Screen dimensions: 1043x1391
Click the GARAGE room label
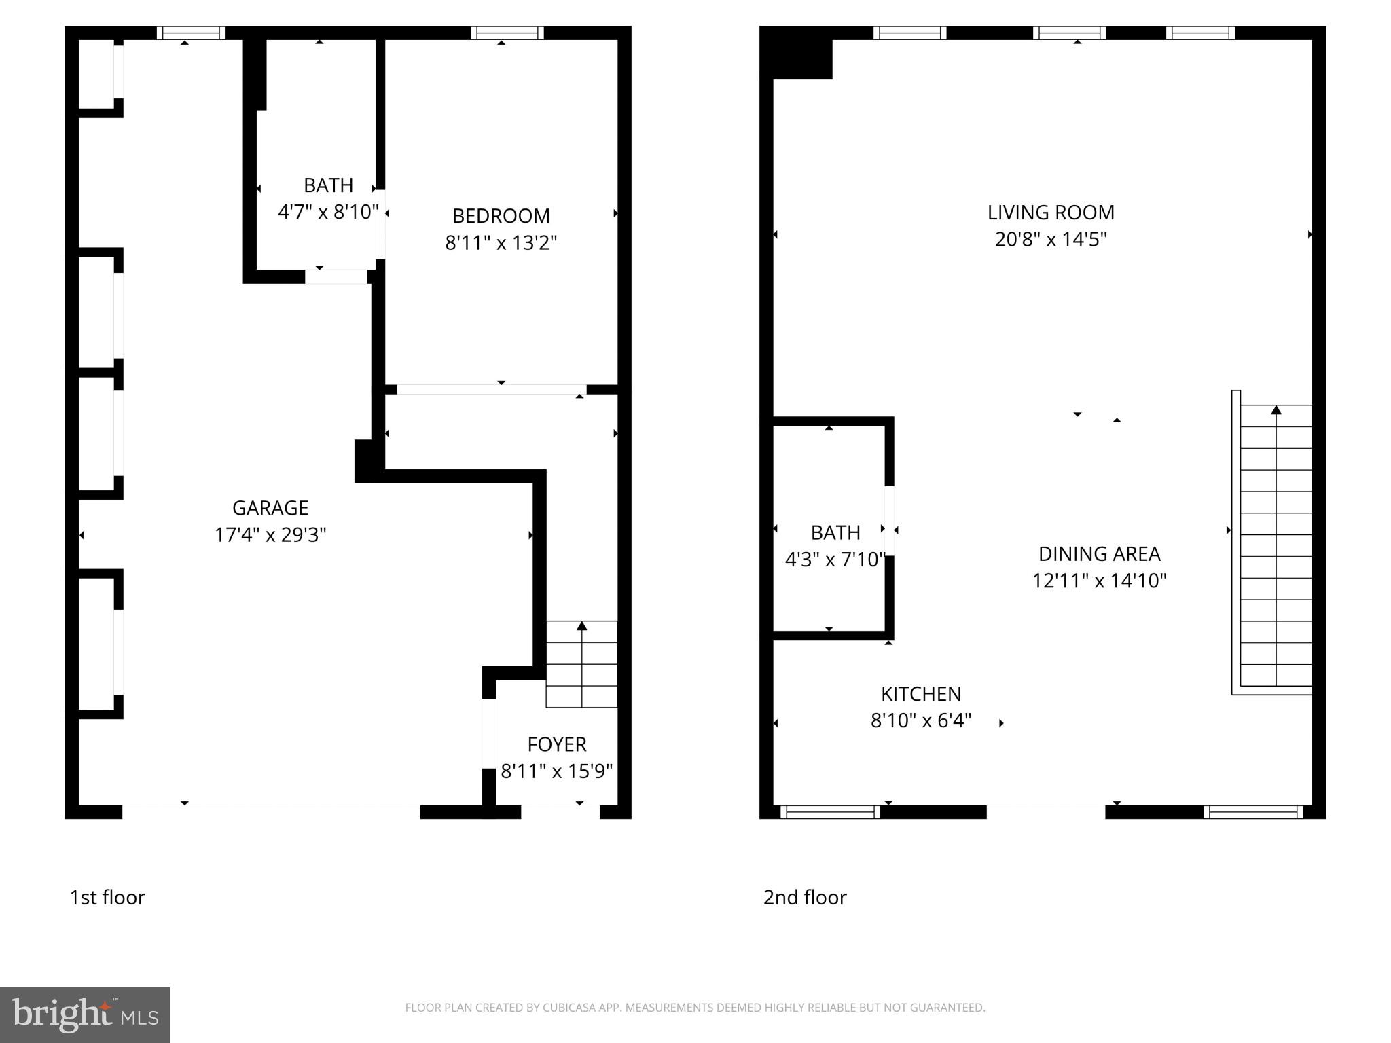pyautogui.click(x=270, y=508)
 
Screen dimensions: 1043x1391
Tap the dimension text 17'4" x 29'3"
pyautogui.click(x=270, y=535)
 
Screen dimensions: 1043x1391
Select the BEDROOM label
pyautogui.click(x=501, y=216)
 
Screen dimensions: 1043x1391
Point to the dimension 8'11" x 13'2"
pyautogui.click(x=501, y=242)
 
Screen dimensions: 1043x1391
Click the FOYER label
pyautogui.click(x=557, y=744)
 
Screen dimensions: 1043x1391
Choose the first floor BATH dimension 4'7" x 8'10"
pyautogui.click(x=328, y=212)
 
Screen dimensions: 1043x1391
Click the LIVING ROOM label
pyautogui.click(x=1051, y=213)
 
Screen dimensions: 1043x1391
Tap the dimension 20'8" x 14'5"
pyautogui.click(x=1051, y=240)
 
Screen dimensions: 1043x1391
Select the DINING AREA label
pyautogui.click(x=1099, y=554)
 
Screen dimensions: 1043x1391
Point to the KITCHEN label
pyautogui.click(x=921, y=694)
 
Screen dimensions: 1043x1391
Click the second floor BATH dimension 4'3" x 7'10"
pyautogui.click(x=835, y=560)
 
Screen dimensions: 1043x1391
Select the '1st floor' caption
pyautogui.click(x=107, y=898)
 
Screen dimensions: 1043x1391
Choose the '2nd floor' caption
pyautogui.click(x=805, y=898)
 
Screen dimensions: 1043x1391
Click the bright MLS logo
pyautogui.click(x=85, y=1014)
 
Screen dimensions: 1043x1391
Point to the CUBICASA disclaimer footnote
pyautogui.click(x=695, y=1008)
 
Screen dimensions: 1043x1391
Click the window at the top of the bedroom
pyautogui.click(x=507, y=33)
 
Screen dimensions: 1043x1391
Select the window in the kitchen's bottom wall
pyautogui.click(x=830, y=811)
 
